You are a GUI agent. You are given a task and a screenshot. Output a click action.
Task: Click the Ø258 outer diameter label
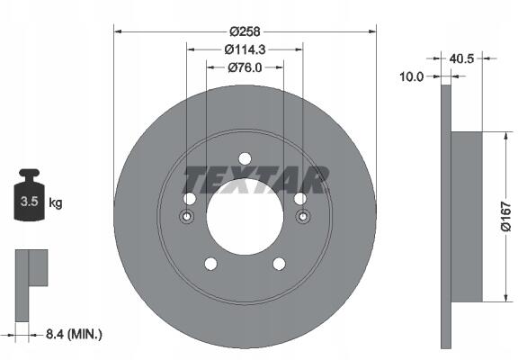tap(246, 31)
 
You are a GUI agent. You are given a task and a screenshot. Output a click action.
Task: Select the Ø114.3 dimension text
tap(245, 49)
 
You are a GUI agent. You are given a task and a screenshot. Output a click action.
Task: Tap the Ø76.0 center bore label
tap(245, 67)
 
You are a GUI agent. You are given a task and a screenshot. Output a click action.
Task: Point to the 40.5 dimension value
tap(461, 58)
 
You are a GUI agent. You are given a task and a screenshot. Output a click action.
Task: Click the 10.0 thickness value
tap(411, 77)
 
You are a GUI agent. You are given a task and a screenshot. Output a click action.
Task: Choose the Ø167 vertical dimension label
tap(505, 217)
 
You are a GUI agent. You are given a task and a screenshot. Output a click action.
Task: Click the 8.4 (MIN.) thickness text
tap(74, 335)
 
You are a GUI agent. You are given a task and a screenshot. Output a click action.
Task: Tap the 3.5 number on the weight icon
tap(29, 201)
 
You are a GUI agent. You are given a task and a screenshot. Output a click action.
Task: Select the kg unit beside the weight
tap(56, 202)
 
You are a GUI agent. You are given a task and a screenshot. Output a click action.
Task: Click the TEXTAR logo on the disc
tap(255, 179)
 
